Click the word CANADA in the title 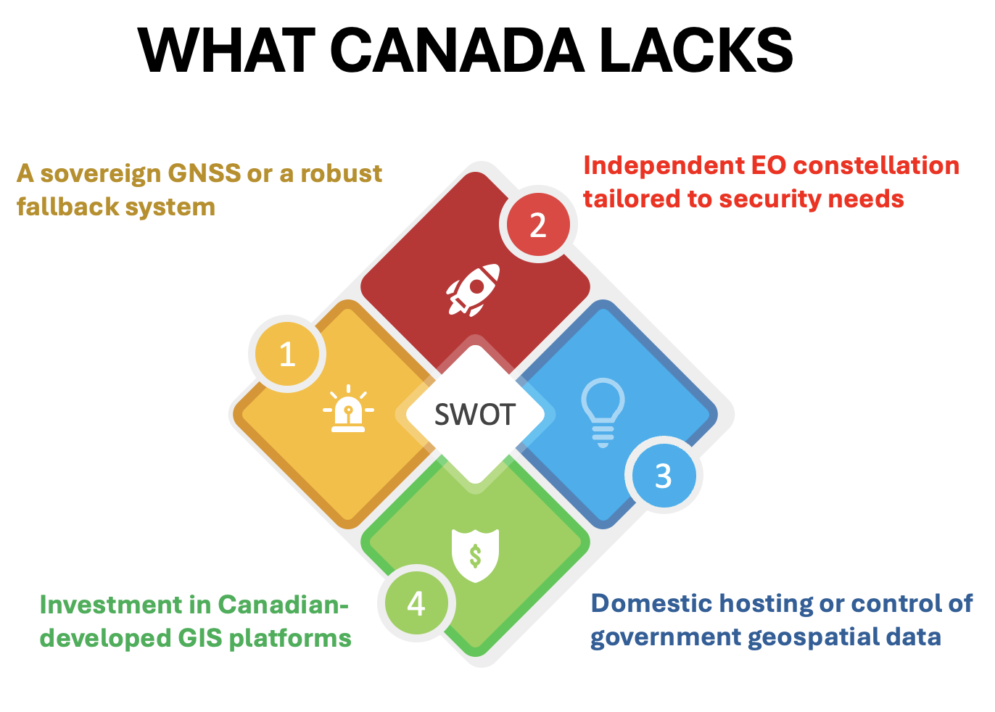(458, 50)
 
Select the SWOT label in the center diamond (475, 415)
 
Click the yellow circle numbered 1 (287, 354)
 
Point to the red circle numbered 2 (538, 224)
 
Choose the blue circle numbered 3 (664, 475)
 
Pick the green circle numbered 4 (417, 603)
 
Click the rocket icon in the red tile (474, 290)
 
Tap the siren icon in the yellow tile (348, 409)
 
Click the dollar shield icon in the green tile (475, 555)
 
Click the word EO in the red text (769, 165)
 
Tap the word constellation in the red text (876, 165)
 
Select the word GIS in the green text (200, 638)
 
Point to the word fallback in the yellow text (67, 207)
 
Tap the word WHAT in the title (226, 50)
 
